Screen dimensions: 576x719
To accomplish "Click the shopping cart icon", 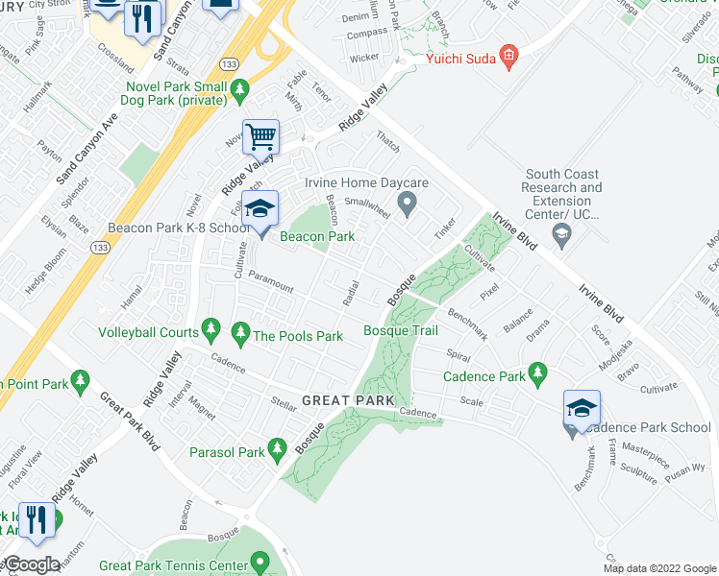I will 260,136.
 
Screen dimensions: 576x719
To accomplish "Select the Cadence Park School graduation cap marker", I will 582,409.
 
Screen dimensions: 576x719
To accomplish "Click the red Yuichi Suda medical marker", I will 509,60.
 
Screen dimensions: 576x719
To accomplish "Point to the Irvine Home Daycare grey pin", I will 407,202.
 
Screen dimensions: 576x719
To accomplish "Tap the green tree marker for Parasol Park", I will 278,448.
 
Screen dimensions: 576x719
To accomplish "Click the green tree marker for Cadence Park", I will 537,372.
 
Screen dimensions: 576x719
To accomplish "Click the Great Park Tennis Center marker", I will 260,562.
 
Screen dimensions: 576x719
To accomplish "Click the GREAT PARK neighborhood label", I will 342,399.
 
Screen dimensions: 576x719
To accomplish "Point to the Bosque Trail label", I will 400,331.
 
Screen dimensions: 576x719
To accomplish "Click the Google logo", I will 32,565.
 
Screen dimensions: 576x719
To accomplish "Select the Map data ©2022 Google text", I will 659,568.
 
